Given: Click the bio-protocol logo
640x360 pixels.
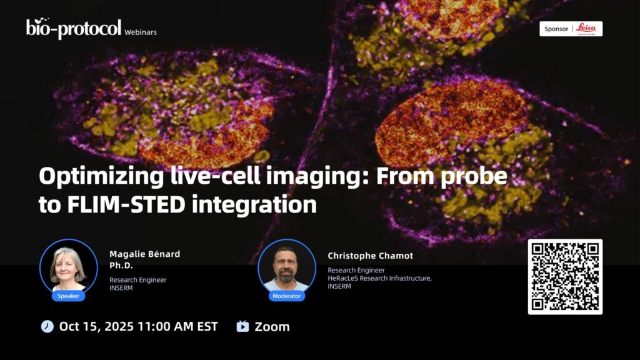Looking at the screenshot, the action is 74,28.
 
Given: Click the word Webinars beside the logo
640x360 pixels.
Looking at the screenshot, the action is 141,32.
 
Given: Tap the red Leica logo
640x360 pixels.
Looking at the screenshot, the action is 586,29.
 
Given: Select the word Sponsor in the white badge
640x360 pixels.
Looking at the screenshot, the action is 556,29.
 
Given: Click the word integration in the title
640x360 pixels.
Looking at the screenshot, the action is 254,205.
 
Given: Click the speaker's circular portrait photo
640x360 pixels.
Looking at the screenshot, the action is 69,267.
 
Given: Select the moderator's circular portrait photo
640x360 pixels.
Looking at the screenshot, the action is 287,267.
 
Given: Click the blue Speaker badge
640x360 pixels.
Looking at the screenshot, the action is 68,296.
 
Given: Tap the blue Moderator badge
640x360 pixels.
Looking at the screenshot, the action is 286,296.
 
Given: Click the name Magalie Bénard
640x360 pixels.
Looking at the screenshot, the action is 144,254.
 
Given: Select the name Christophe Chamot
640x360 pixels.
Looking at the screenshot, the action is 370,256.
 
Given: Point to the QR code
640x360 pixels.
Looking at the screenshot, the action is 565,277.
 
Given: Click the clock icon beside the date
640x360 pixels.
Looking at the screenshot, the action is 47,326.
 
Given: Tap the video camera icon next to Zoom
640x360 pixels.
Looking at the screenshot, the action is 242,326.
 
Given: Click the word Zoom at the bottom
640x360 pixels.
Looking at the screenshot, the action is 272,327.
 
